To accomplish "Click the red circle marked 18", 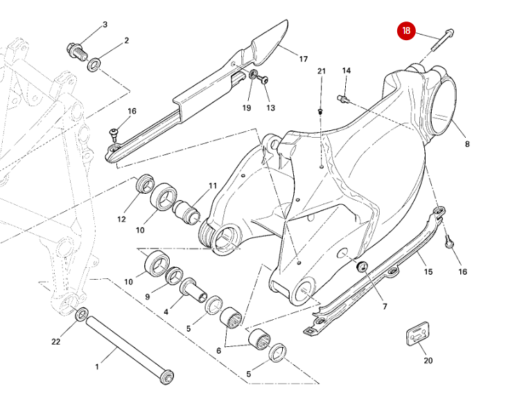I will (406, 31).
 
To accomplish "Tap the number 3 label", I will (105, 25).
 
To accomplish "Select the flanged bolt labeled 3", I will (74, 50).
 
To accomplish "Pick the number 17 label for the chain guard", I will (303, 59).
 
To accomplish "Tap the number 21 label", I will (321, 71).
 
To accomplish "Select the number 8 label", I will (467, 144).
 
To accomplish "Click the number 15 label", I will (428, 271).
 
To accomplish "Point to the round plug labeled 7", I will (361, 267).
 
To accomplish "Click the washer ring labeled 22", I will (81, 316).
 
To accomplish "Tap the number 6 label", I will (219, 351).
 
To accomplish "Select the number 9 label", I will (147, 297).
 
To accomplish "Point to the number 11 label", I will (213, 186).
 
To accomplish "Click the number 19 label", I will (246, 107).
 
